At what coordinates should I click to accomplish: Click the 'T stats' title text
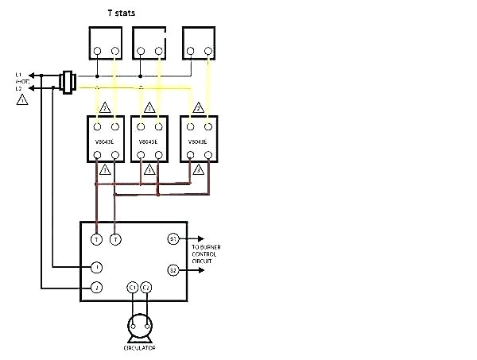[120, 14]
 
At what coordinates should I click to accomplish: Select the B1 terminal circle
[173, 238]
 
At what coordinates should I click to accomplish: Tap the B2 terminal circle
[173, 270]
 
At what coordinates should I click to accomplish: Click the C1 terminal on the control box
[133, 286]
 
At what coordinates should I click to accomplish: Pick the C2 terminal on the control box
[145, 286]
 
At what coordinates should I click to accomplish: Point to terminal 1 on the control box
[96, 267]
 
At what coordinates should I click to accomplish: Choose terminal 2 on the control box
[96, 286]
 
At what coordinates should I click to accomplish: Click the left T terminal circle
[96, 238]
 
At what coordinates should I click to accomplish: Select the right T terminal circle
[116, 238]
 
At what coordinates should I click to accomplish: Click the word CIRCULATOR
[139, 348]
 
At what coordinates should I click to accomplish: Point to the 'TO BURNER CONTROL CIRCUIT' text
[206, 253]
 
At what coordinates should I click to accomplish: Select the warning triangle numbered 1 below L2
[23, 101]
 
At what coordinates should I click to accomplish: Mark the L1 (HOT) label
[22, 78]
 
